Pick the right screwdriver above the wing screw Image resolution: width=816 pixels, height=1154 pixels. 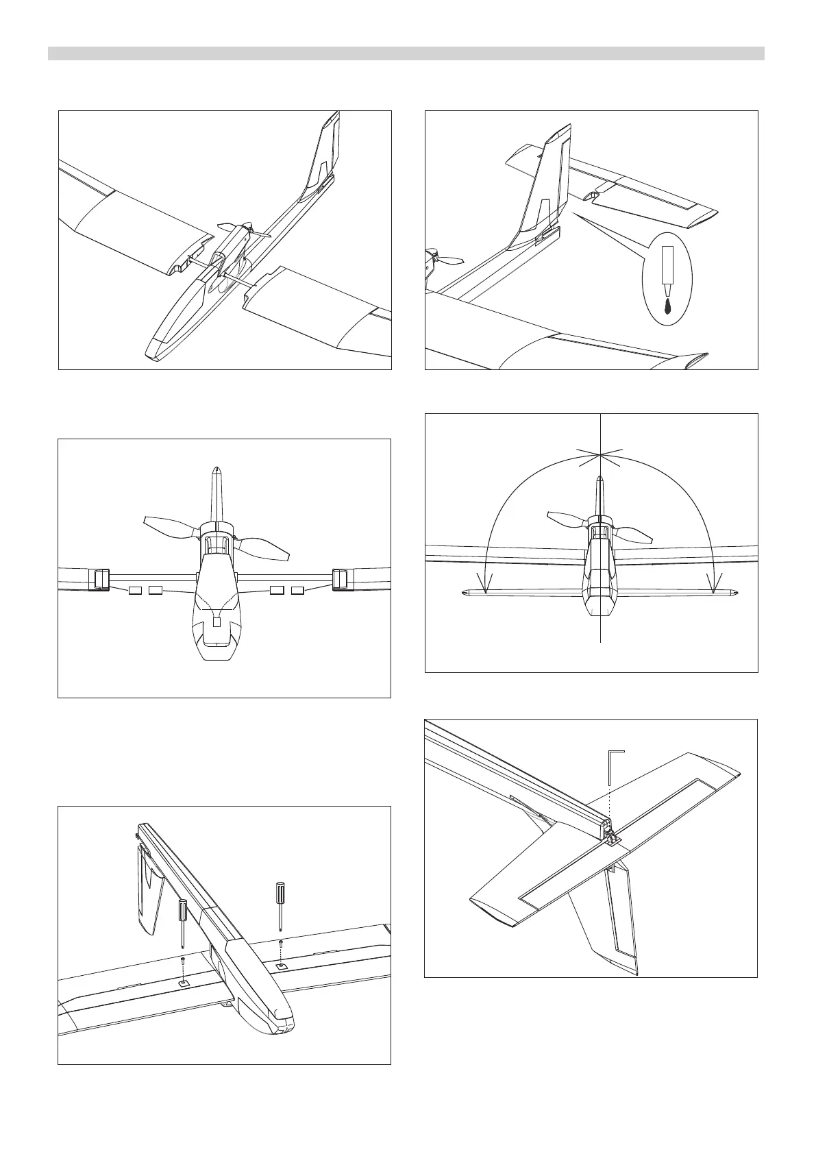(x=280, y=904)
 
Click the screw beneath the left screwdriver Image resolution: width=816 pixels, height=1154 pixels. (x=184, y=961)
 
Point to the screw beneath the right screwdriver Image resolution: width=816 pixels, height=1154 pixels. (x=281, y=944)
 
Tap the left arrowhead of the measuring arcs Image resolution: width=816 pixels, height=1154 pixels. (x=486, y=587)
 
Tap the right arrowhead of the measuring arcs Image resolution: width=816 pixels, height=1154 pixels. (x=715, y=587)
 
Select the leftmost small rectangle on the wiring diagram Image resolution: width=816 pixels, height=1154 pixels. (x=136, y=590)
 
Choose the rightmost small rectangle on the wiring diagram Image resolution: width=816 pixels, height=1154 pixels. (x=297, y=590)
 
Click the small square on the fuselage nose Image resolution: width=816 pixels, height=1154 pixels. (x=217, y=622)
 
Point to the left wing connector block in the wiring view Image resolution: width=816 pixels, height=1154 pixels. (x=100, y=579)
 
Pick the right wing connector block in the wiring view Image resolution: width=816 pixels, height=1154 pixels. (x=340, y=579)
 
